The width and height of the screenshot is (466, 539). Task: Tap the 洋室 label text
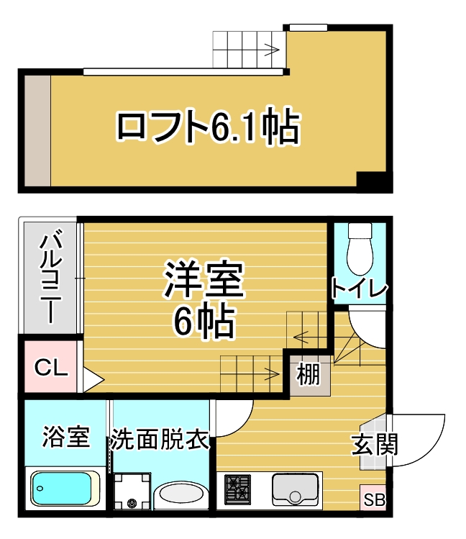tap(205, 280)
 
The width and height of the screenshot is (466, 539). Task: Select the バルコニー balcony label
tap(49, 278)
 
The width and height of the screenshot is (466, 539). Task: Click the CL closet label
tap(51, 370)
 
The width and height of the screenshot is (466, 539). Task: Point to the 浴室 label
tap(65, 437)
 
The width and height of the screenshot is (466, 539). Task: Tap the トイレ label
tap(359, 289)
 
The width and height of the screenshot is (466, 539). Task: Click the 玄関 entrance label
tap(375, 444)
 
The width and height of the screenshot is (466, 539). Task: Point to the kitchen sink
tap(295, 489)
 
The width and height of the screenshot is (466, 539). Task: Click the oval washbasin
tap(181, 495)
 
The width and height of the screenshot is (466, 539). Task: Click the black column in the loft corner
tap(373, 183)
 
